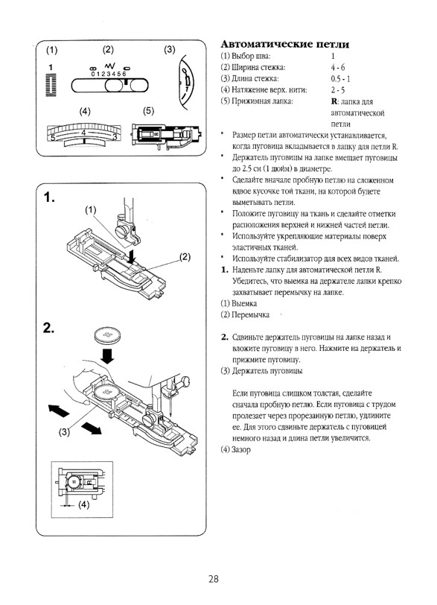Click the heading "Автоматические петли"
285,45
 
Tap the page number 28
213,579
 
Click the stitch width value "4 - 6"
337,67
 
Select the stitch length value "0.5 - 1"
340,79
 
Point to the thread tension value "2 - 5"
337,90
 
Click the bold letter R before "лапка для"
334,101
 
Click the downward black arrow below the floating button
107,355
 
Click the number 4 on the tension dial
83,133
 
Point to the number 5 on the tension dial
53,137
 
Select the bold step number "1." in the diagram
49,197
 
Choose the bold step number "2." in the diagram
49,328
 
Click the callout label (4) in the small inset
83,504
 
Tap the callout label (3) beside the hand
64,431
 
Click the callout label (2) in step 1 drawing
185,257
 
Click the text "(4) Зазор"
235,449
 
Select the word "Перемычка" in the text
250,315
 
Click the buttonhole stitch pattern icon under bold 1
51,85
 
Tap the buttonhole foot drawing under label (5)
167,135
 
